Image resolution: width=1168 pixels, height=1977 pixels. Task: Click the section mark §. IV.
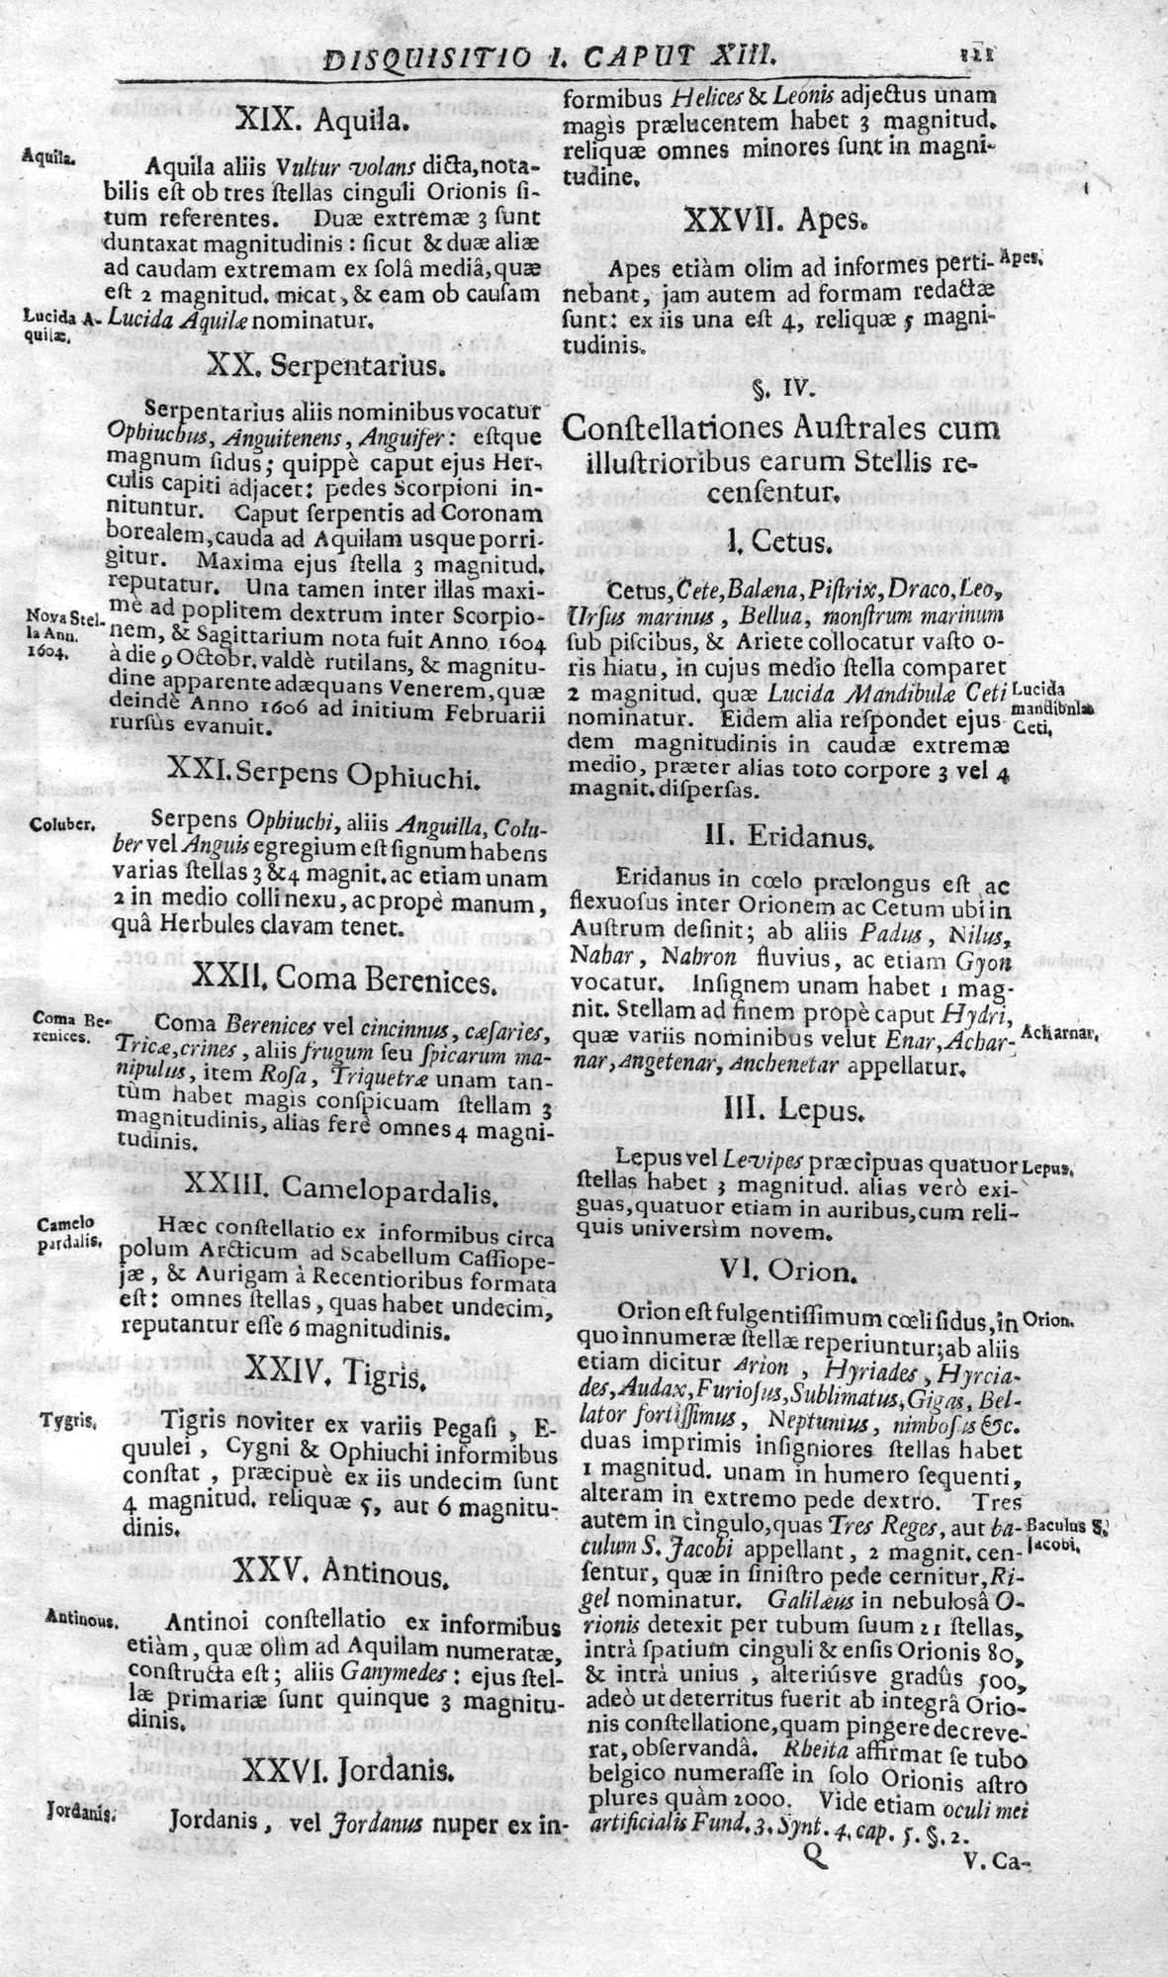tap(780, 388)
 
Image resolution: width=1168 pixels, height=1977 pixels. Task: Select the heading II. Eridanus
tap(788, 837)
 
